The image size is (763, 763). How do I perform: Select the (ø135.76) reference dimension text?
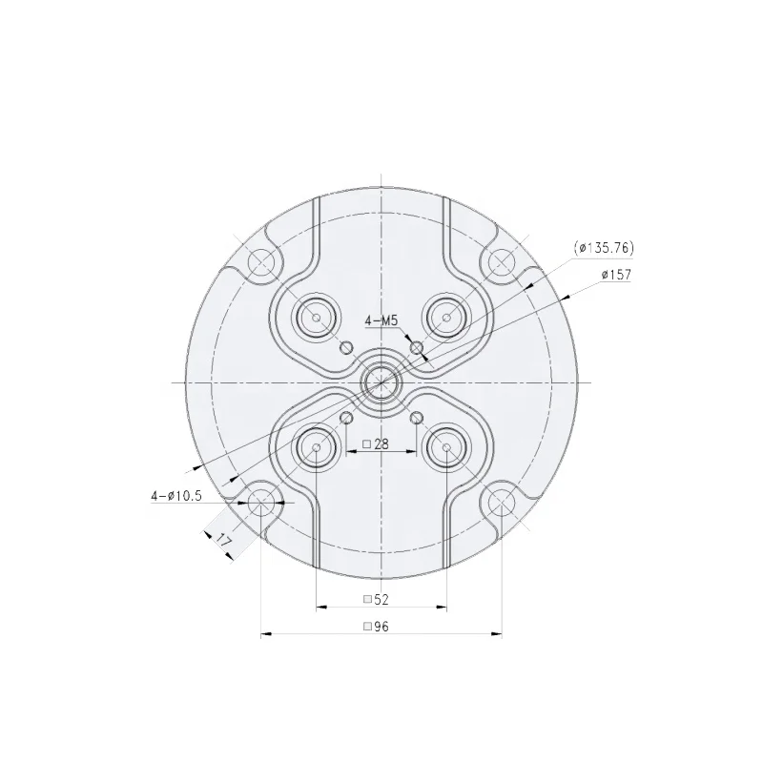coord(604,248)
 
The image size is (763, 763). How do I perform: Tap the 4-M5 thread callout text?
coord(381,322)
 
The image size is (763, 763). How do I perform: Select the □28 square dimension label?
coord(376,444)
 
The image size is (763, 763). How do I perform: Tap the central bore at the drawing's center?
coord(381,381)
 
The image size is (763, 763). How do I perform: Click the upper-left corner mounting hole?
coord(260,261)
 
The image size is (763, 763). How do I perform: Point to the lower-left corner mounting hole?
coord(260,502)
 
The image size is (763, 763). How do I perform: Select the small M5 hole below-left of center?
coord(346,418)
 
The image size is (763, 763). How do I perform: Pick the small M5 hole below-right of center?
coord(416,418)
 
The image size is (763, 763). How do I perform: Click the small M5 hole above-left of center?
coord(346,347)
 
